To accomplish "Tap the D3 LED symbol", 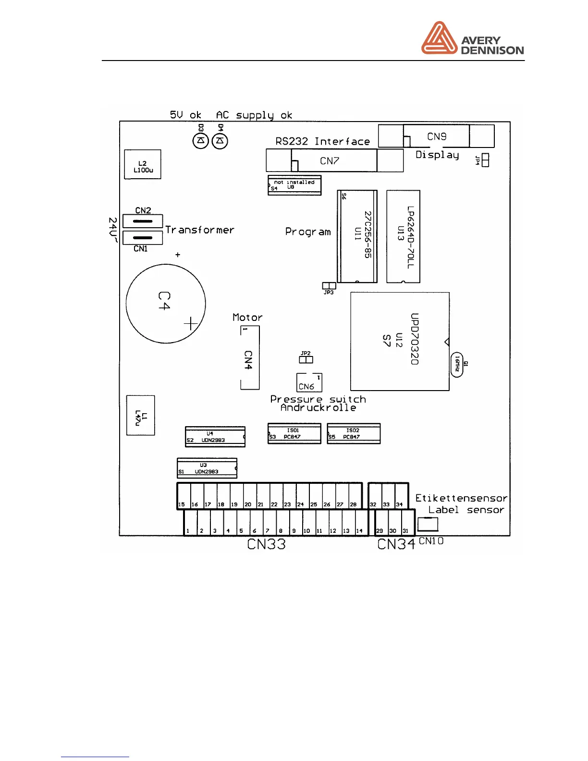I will [201, 141].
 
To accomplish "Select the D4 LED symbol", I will [220, 141].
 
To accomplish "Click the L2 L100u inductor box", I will [143, 164].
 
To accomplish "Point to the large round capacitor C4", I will [166, 303].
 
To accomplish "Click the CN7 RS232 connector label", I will [330, 161].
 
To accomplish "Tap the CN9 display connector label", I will [437, 136].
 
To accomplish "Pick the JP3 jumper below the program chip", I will [329, 286].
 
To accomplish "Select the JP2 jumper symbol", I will [306, 359].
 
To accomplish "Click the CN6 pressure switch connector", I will [309, 383].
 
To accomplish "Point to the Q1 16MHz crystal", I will [457, 365].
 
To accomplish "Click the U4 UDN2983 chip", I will [215, 437].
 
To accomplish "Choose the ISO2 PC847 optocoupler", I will [354, 434].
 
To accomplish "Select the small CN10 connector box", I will [428, 524].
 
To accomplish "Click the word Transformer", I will [200, 230].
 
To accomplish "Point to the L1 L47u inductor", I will [140, 415].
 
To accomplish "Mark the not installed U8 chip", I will [294, 185].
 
